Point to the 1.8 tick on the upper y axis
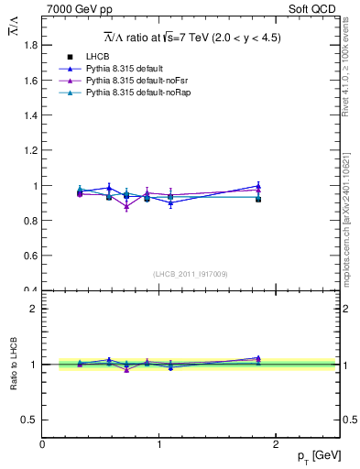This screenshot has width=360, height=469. click(x=31, y=45)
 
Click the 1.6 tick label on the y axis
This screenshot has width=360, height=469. click(x=31, y=80)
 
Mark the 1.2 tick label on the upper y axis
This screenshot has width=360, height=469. click(x=31, y=150)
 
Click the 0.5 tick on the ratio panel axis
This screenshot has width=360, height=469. click(x=31, y=420)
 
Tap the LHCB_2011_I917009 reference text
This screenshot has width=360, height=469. click(x=191, y=274)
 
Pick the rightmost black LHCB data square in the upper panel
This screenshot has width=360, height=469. click(x=258, y=199)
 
